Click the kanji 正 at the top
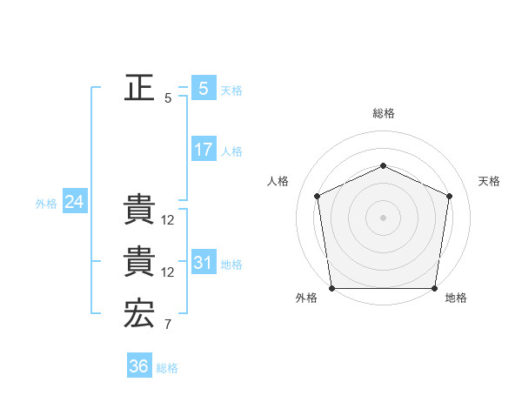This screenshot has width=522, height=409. click(139, 88)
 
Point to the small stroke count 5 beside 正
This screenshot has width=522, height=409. click(168, 98)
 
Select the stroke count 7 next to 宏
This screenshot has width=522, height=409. click(168, 325)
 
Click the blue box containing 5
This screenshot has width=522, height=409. click(203, 88)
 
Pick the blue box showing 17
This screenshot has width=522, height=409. click(203, 150)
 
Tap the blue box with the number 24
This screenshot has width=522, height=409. click(74, 202)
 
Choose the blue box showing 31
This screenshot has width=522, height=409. click(203, 262)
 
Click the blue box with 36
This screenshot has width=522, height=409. click(138, 366)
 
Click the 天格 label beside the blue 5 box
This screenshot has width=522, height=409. click(231, 90)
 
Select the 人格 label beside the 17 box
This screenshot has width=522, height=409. click(231, 151)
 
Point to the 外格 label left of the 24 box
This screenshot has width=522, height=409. click(46, 204)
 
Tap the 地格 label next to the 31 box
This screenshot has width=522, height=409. click(231, 264)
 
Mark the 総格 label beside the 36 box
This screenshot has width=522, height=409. click(167, 368)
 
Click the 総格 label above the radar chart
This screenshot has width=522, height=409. click(383, 113)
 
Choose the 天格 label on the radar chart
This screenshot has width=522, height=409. click(490, 181)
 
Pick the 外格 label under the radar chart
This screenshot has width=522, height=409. click(306, 298)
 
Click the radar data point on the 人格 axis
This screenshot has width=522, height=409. click(318, 196)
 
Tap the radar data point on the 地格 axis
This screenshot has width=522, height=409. click(434, 288)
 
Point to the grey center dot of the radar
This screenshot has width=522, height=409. click(383, 217)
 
